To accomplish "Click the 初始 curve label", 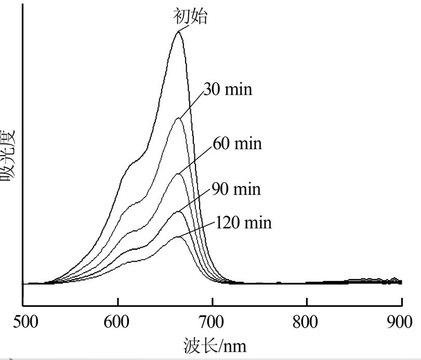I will point(190,16).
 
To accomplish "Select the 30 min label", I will point(228,89).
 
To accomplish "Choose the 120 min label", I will point(243,223).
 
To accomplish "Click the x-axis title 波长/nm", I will point(215,345).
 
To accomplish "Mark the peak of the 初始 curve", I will point(178,32).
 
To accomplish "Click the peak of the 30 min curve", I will point(178,118).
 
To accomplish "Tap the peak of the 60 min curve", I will point(178,173).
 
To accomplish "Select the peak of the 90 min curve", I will point(178,211).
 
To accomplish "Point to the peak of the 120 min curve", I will point(178,237).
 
